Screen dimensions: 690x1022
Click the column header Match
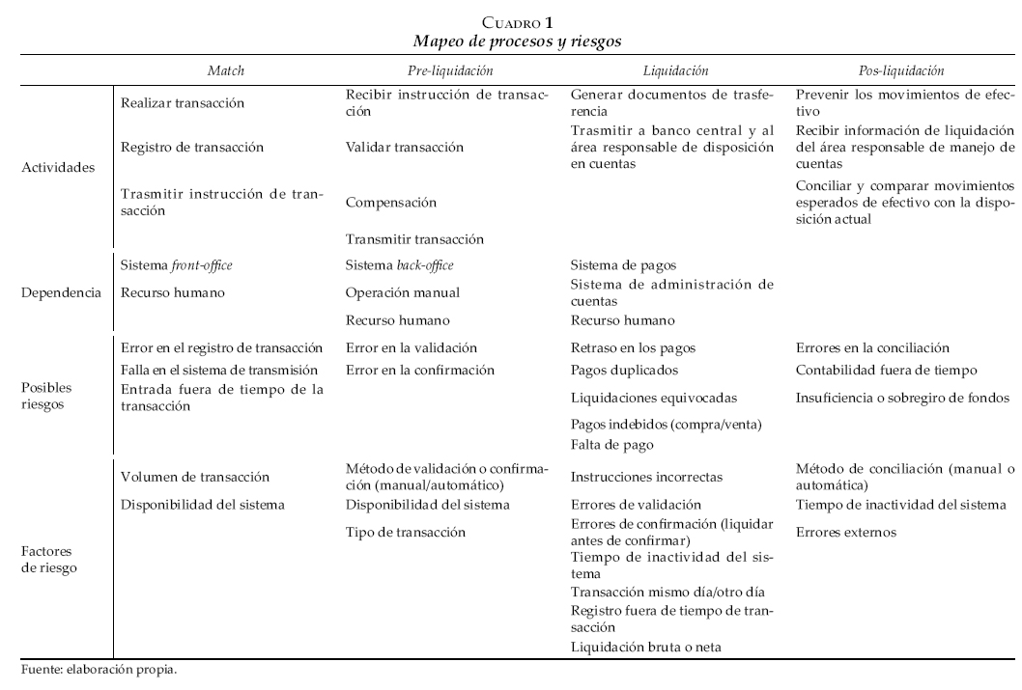[x=226, y=70]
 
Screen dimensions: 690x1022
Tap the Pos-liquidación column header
[x=900, y=70]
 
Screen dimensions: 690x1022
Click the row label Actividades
[x=59, y=167]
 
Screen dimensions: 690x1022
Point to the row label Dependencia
[x=59, y=292]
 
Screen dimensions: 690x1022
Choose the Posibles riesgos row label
[x=46, y=395]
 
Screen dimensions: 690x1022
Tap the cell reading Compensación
[x=390, y=203]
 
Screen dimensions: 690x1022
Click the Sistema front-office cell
[x=177, y=264]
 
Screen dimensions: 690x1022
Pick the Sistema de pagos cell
[x=623, y=264]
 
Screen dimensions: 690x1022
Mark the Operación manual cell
[x=402, y=292]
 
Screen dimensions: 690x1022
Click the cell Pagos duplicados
[x=624, y=370]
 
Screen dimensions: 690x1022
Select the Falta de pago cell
[x=612, y=445]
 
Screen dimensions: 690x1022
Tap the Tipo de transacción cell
[x=405, y=532]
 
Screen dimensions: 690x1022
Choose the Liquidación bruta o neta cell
[x=645, y=647]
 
